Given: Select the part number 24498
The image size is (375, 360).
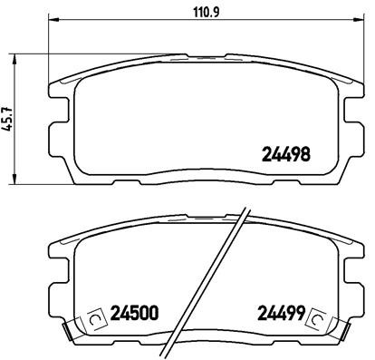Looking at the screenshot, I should point(286,155).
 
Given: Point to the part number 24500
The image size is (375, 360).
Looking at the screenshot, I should point(134,316).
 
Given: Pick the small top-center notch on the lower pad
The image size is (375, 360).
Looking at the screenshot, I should point(200,223).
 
